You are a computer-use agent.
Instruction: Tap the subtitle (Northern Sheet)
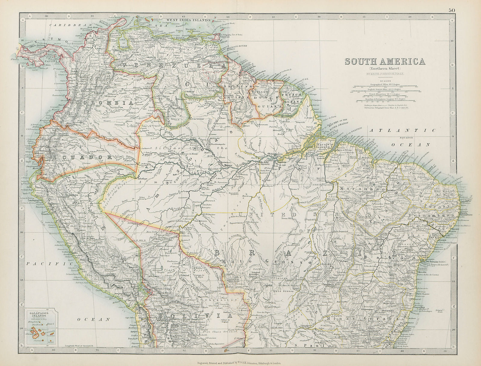coord(385,69)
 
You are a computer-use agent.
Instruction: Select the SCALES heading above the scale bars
coord(385,81)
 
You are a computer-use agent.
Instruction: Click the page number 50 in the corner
coord(452,10)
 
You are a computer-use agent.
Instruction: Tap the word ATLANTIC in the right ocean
coord(402,130)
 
